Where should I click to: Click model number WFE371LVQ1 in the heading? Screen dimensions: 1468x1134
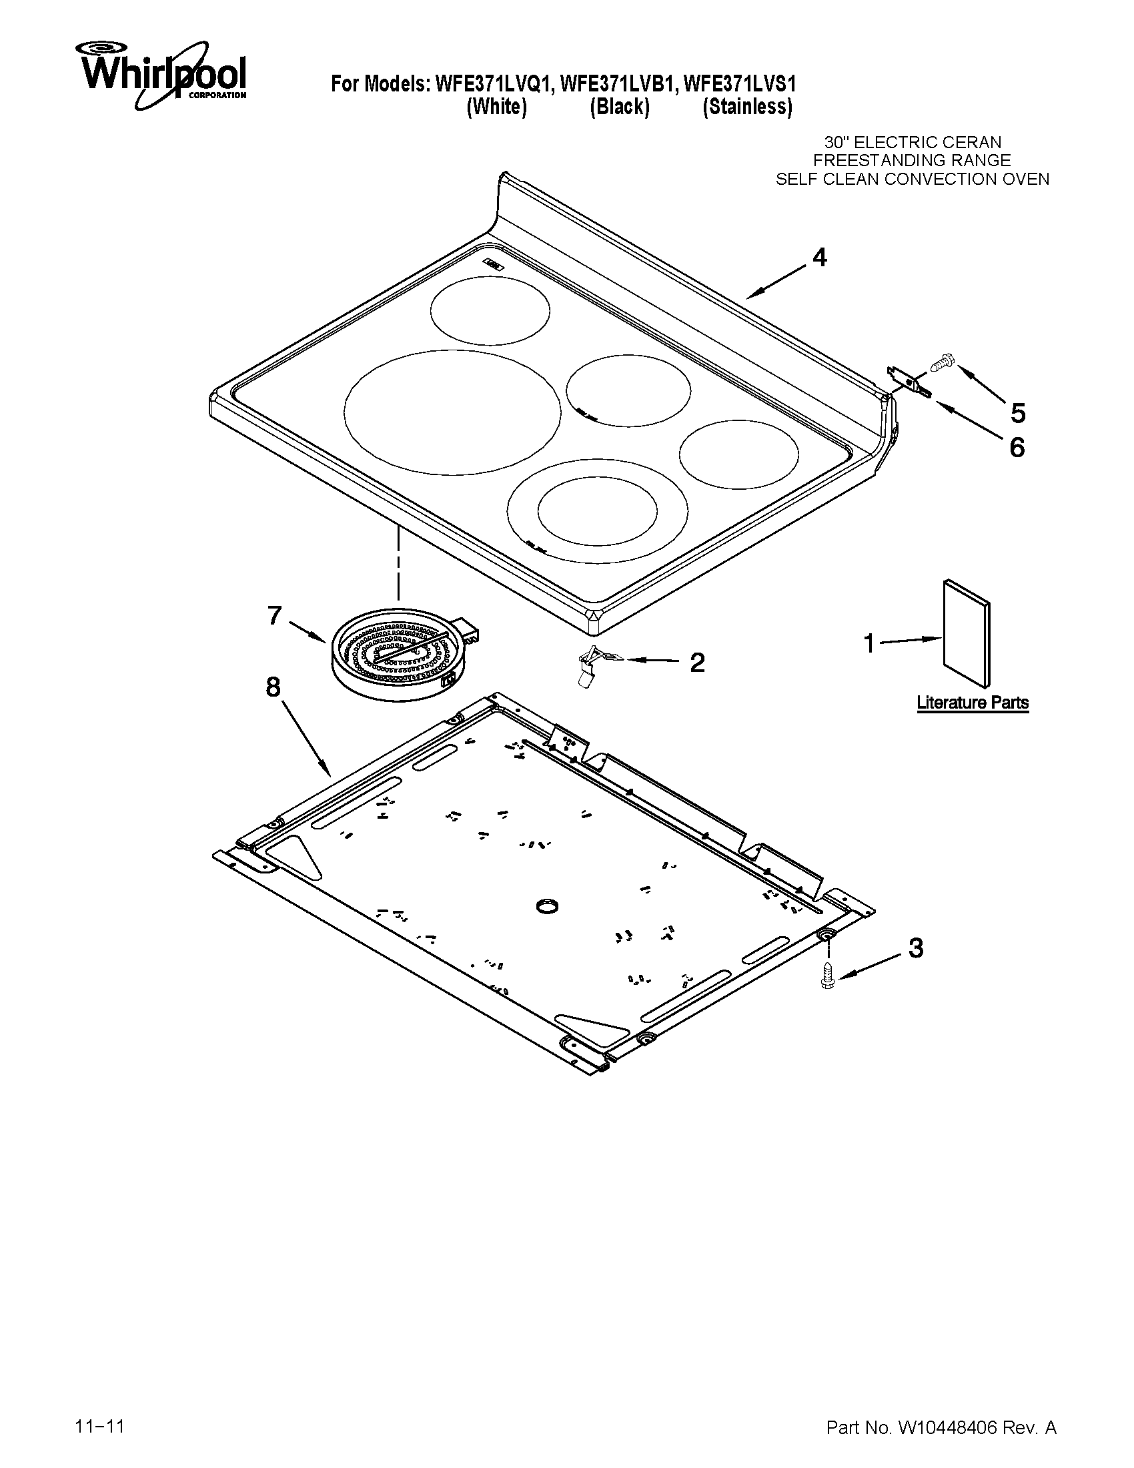[x=494, y=84]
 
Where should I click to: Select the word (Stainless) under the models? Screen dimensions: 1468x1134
[x=747, y=107]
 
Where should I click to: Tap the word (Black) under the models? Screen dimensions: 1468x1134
[x=620, y=107]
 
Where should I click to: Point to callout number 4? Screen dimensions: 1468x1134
[x=820, y=258]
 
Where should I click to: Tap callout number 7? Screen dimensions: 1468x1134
[x=274, y=615]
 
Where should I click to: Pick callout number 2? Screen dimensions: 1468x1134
[x=697, y=663]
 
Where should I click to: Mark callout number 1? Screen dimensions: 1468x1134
[x=869, y=644]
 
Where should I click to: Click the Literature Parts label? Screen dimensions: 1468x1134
[x=972, y=703]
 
